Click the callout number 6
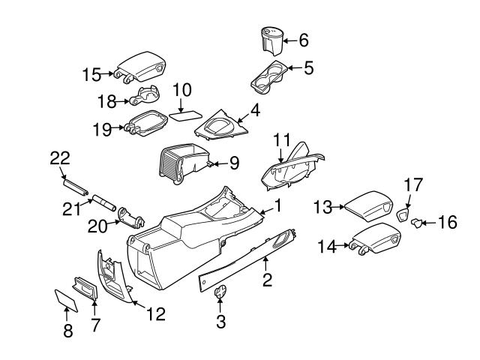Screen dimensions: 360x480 (304, 40)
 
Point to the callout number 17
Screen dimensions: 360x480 (413, 183)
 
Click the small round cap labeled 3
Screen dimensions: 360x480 (219, 293)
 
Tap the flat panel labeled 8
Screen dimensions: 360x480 (65, 300)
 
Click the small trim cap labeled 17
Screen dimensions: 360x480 (403, 216)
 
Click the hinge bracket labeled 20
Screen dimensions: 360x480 (131, 217)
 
